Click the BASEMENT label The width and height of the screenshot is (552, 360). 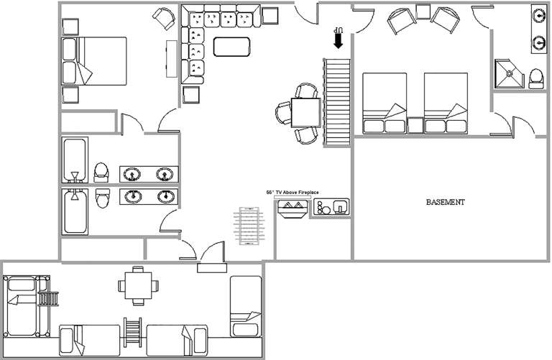[446, 202]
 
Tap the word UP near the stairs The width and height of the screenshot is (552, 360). [339, 29]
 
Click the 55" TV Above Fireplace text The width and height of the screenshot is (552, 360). [293, 193]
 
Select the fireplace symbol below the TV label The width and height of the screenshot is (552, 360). [293, 208]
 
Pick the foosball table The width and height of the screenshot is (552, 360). [249, 226]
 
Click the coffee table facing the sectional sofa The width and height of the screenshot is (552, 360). [231, 47]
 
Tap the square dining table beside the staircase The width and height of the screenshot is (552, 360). [306, 113]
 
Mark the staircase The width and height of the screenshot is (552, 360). [337, 102]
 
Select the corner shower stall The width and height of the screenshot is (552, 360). [509, 73]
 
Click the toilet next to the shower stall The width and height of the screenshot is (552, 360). [536, 78]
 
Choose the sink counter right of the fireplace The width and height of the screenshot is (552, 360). [331, 207]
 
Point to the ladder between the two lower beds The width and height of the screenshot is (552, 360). [132, 332]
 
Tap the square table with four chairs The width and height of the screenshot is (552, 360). [138, 286]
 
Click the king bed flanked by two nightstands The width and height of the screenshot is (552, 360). [94, 61]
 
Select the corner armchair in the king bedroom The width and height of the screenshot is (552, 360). [165, 18]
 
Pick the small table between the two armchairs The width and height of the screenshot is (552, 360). [423, 11]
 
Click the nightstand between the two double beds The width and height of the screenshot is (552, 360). [415, 125]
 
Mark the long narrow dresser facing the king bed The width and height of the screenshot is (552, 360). [172, 59]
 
